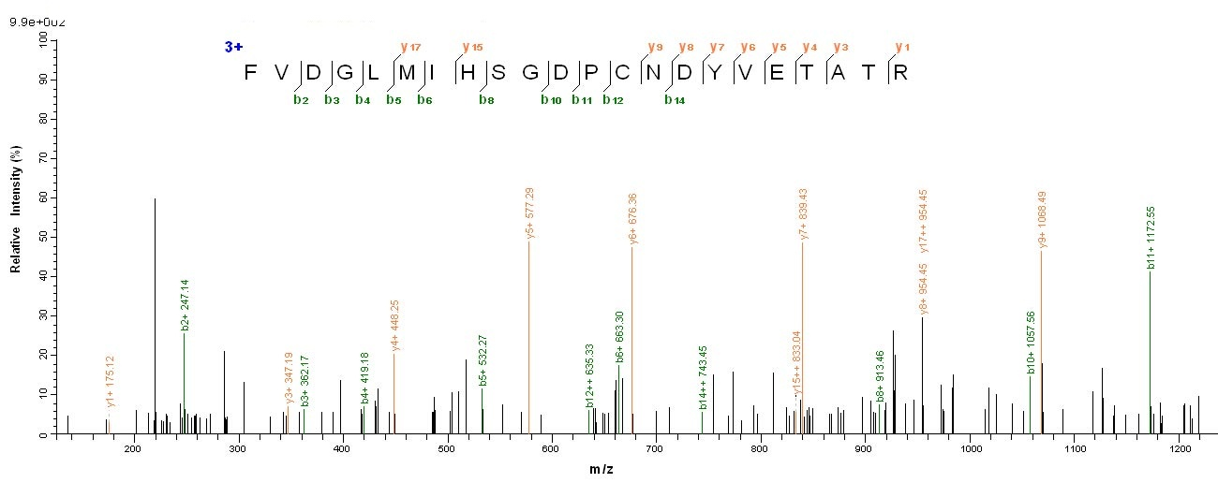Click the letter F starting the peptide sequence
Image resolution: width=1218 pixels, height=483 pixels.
[x=250, y=72]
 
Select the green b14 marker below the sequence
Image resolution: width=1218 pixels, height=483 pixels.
[x=675, y=99]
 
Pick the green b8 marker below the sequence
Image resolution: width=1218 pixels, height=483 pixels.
[x=486, y=99]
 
